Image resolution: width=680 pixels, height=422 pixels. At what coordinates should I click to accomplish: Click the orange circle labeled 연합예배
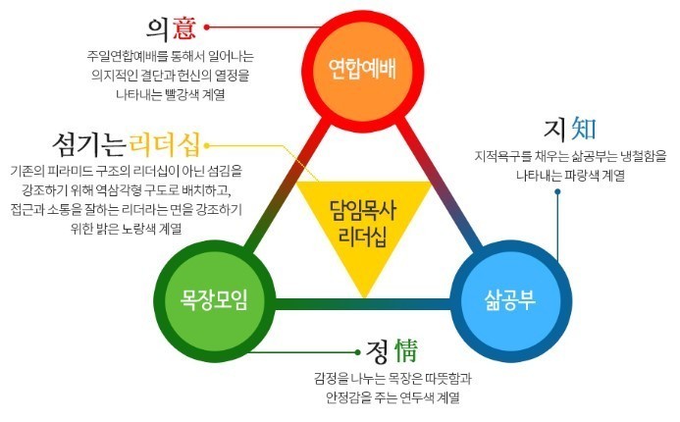point(362,71)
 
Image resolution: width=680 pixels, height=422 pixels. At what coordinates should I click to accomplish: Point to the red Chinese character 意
point(183,27)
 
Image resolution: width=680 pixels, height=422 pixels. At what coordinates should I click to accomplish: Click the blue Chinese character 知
point(584,129)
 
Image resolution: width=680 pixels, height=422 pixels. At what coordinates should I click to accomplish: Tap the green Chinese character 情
point(406,350)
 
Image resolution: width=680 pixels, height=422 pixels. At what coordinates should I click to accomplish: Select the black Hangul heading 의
point(158,28)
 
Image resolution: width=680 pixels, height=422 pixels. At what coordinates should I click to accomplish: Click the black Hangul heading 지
point(555,130)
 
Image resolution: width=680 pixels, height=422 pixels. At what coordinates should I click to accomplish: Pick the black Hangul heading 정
point(377,351)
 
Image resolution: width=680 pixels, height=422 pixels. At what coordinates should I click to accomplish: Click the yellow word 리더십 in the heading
point(165,144)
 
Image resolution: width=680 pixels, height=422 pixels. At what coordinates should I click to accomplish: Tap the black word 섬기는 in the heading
point(89,144)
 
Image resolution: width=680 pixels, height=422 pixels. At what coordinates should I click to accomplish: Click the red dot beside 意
point(207,26)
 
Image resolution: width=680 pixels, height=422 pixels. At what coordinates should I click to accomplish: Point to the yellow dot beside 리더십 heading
point(207,145)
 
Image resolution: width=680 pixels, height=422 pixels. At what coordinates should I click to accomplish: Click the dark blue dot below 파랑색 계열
point(557,191)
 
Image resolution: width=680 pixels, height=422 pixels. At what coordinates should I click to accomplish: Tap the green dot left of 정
point(357,352)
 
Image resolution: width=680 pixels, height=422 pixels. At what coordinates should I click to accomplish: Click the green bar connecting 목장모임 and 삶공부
point(363,303)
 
